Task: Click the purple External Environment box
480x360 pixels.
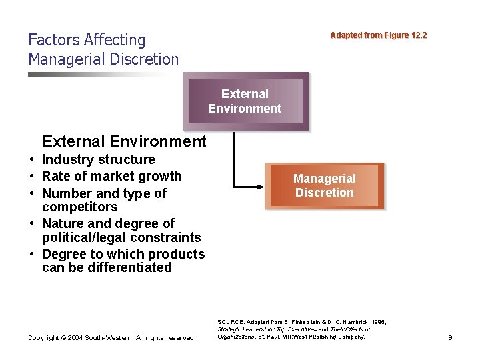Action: point(245,101)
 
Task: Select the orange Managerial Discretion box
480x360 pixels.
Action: point(325,185)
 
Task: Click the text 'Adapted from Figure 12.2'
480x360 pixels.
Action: point(378,35)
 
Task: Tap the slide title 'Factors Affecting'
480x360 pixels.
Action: point(87,40)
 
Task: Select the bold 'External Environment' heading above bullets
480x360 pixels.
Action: point(124,141)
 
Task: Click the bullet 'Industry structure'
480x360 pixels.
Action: point(98,159)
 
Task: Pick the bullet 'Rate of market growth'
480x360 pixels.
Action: point(111,176)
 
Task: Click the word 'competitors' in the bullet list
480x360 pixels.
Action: point(79,207)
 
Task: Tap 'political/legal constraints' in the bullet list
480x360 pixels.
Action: point(121,237)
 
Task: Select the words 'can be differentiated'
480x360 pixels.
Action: point(107,267)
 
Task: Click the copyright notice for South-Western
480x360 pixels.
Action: point(112,338)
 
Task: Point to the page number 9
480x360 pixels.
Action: point(450,338)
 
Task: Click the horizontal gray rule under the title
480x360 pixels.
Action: point(100,74)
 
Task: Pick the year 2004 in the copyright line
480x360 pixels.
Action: point(73,338)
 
